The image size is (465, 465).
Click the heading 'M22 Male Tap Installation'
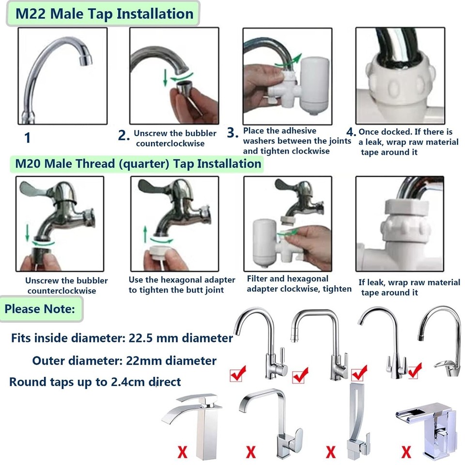[104, 13]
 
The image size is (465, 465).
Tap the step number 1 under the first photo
[27, 138]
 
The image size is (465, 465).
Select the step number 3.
[233, 133]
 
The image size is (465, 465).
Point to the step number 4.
[351, 132]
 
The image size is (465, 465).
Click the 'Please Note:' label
[40, 309]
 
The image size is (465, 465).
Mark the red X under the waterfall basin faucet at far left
[182, 452]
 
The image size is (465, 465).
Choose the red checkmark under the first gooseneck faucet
[238, 373]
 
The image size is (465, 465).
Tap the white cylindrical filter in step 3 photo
[314, 82]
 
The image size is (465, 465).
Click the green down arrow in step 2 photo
[166, 77]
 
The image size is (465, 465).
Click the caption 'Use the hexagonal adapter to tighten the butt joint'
[182, 285]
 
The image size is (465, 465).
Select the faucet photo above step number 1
[62, 76]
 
